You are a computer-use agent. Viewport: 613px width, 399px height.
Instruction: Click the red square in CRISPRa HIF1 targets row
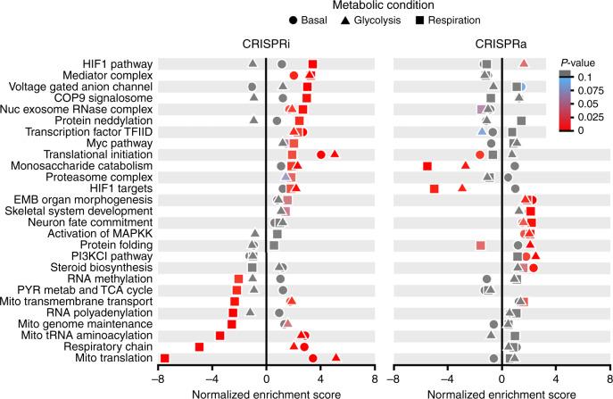pos(435,188)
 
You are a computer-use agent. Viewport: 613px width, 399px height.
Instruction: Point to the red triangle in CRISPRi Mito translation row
pos(335,357)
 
